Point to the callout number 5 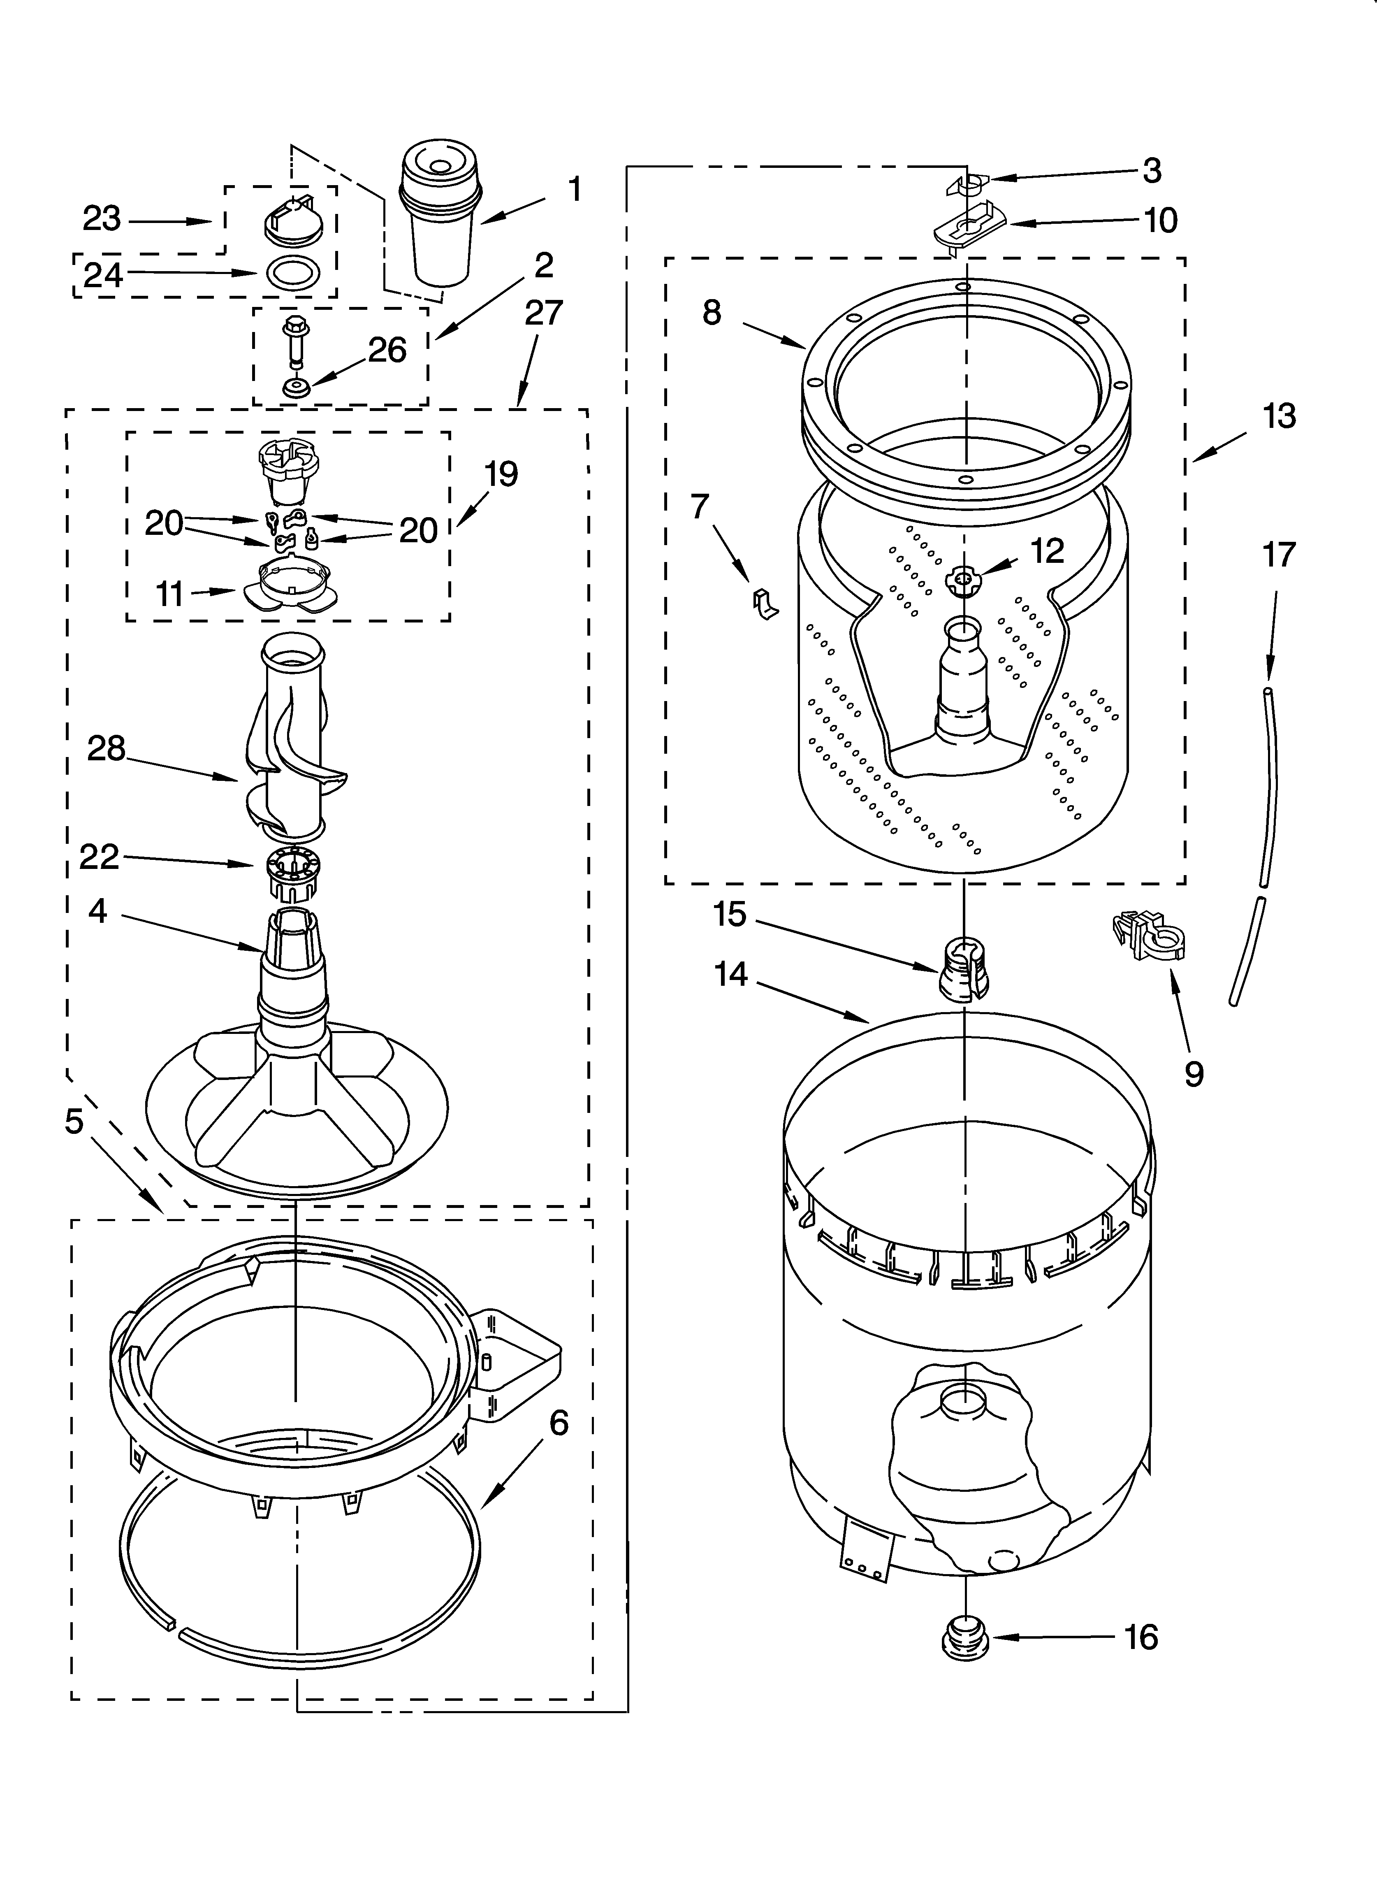click(74, 1121)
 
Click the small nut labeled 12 click(963, 580)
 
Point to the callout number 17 click(1279, 555)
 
